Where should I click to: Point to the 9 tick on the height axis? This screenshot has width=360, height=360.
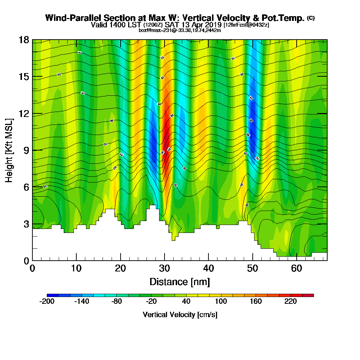pyautogui.click(x=32, y=150)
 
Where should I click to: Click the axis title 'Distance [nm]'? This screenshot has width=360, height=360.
pyautogui.click(x=180, y=282)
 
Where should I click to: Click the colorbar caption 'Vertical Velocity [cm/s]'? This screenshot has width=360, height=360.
pyautogui.click(x=180, y=315)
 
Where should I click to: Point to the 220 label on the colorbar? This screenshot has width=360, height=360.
pyautogui.click(x=291, y=302)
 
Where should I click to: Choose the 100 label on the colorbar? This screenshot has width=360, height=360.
pyautogui.click(x=221, y=302)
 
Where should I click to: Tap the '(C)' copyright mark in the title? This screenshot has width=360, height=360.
pyautogui.click(x=311, y=18)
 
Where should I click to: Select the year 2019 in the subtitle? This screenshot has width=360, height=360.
pyautogui.click(x=212, y=25)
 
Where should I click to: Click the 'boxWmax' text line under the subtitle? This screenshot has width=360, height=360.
pyautogui.click(x=180, y=30)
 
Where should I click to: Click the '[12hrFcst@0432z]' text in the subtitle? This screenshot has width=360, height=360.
pyautogui.click(x=246, y=25)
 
